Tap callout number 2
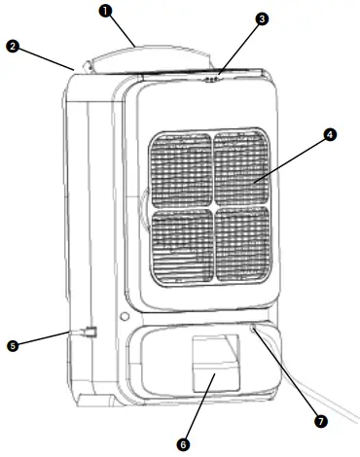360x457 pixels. click(x=14, y=45)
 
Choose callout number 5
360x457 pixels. click(x=14, y=343)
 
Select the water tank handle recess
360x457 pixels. click(x=214, y=365)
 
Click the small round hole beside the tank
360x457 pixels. click(x=124, y=317)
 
